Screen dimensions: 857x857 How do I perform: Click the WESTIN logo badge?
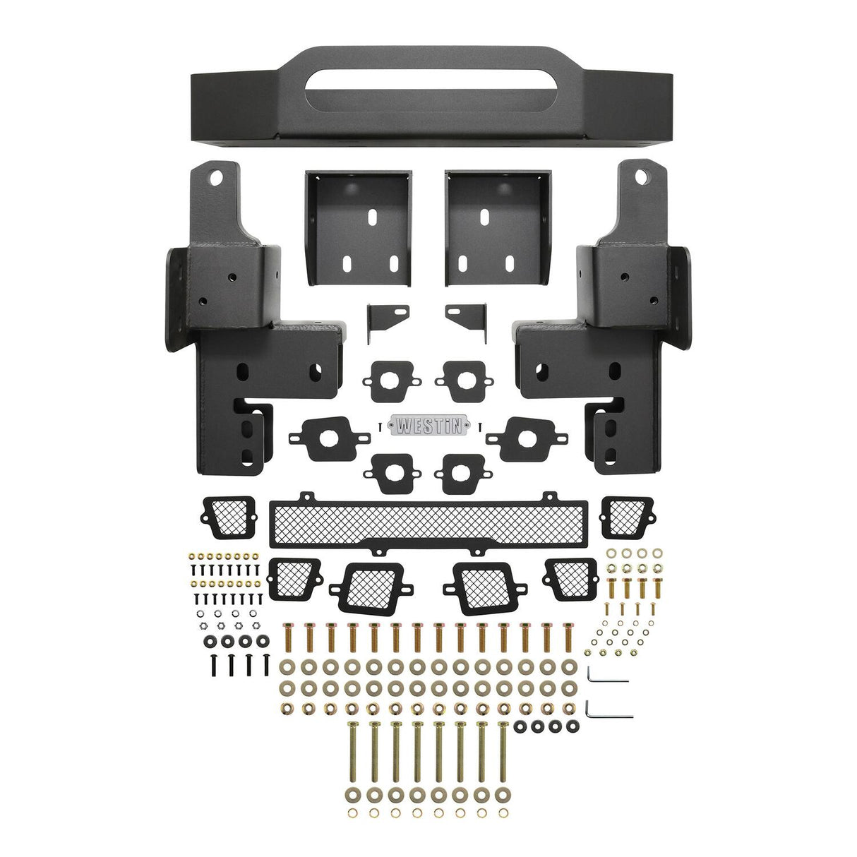tap(429, 426)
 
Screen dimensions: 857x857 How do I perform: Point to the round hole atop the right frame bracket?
tap(642, 176)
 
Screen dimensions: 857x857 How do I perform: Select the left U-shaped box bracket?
tap(358, 226)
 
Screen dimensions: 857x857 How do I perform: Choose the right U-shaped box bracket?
tap(498, 226)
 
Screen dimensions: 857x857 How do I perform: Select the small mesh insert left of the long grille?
tap(229, 517)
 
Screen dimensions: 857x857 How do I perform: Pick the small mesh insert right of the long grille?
tap(627, 517)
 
